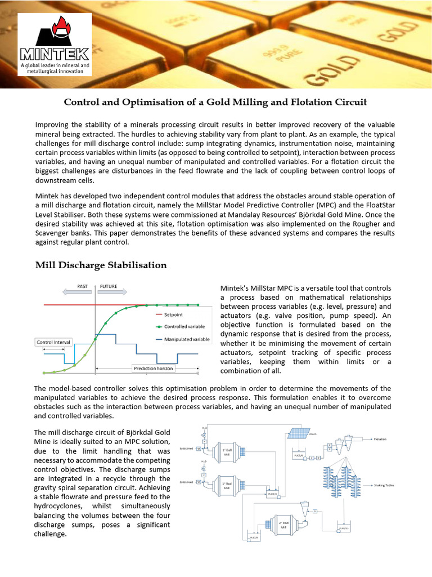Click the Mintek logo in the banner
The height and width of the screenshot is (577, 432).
(55, 45)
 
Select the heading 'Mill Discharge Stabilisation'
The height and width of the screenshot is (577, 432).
(101, 264)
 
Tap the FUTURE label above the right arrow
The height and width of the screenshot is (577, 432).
(109, 286)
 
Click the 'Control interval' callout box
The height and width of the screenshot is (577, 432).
(53, 342)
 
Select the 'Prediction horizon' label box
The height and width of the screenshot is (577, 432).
(152, 369)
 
